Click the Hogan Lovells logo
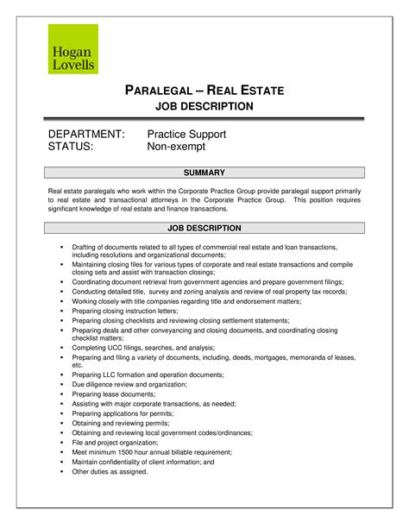coord(72,49)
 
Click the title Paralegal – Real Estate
coord(204,91)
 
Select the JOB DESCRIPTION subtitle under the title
coord(204,106)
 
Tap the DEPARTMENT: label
coord(86,135)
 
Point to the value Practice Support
coord(186,135)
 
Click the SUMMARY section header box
coord(204,173)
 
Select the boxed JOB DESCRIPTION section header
coord(204,228)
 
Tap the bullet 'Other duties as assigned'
coord(110,471)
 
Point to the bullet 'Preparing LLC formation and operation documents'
coord(148,375)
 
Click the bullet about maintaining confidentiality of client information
coord(142,462)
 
